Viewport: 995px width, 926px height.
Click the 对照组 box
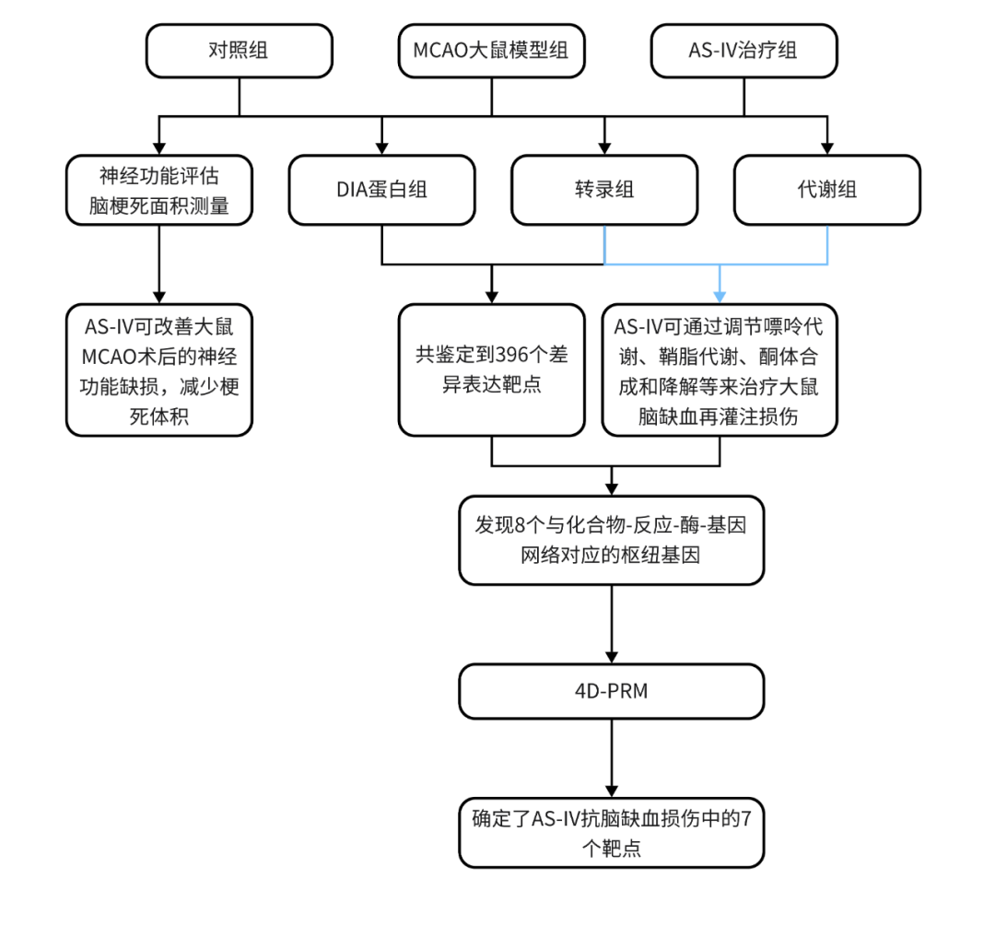click(x=239, y=51)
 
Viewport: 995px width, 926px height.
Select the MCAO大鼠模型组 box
click(x=491, y=51)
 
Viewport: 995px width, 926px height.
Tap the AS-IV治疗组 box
click(x=743, y=51)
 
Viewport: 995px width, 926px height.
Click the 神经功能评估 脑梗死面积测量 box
click(x=158, y=190)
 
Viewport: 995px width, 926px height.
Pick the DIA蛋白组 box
click(x=381, y=190)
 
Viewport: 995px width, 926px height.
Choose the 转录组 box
click(x=604, y=190)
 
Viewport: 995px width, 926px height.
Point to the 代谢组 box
click(x=826, y=190)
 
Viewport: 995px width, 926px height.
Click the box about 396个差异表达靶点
click(x=491, y=369)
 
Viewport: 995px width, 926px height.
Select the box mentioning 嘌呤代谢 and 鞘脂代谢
click(x=719, y=369)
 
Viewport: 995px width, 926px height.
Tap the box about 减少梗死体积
click(x=158, y=369)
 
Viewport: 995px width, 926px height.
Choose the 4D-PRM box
click(x=612, y=690)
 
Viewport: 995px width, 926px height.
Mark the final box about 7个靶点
click(x=612, y=833)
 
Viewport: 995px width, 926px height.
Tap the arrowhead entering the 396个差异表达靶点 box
click(x=491, y=297)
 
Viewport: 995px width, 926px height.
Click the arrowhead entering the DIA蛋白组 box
click(x=381, y=147)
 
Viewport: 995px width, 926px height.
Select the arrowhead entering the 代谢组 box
click(x=826, y=147)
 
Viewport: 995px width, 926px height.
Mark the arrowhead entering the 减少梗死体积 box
click(x=158, y=297)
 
